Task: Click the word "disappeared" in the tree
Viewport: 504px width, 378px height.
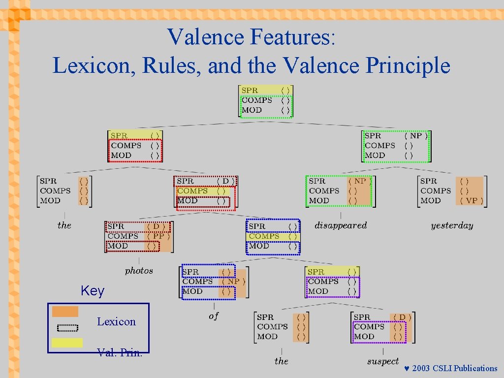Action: pyautogui.click(x=341, y=225)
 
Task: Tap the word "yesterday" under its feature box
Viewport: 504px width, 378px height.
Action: pyautogui.click(x=452, y=225)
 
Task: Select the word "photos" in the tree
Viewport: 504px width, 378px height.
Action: pyautogui.click(x=139, y=271)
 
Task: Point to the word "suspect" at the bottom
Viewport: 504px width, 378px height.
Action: pyautogui.click(x=383, y=361)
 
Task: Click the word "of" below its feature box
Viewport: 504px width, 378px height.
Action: pyautogui.click(x=213, y=316)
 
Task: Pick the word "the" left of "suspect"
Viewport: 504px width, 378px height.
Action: pyautogui.click(x=282, y=361)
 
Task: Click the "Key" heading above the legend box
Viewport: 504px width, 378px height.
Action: pyautogui.click(x=93, y=291)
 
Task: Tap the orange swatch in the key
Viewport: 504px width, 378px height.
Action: pyautogui.click(x=65, y=312)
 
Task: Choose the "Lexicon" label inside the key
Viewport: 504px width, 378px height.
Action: pyautogui.click(x=116, y=322)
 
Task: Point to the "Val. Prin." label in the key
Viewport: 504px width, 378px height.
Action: pyautogui.click(x=120, y=352)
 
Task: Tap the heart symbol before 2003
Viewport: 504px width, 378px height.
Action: pyautogui.click(x=407, y=369)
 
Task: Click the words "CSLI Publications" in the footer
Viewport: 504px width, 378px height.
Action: pyautogui.click(x=465, y=369)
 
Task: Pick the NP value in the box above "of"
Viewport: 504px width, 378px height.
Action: pyautogui.click(x=233, y=282)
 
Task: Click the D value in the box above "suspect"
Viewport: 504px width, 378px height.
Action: pyautogui.click(x=402, y=317)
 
